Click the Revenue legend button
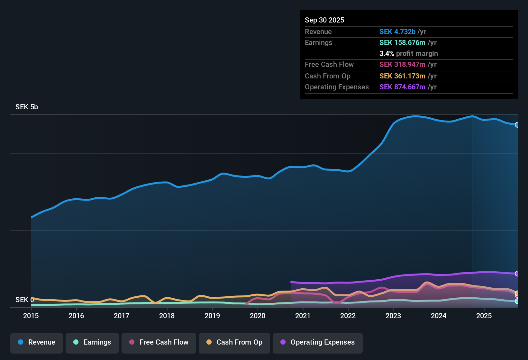point(37,342)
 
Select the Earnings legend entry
point(92,342)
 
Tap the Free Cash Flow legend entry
point(159,342)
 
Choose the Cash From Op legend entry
point(234,342)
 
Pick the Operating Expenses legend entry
point(318,342)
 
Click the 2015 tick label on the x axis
point(31,316)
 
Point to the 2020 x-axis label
point(258,316)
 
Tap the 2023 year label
point(393,316)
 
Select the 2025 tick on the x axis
point(484,316)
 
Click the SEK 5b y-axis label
point(27,107)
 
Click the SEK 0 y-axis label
point(24,300)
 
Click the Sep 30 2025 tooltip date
point(324,20)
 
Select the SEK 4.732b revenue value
point(397,32)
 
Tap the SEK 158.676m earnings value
point(402,43)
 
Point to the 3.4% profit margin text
point(408,54)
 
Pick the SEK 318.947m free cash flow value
point(402,65)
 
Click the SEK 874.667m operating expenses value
point(402,87)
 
